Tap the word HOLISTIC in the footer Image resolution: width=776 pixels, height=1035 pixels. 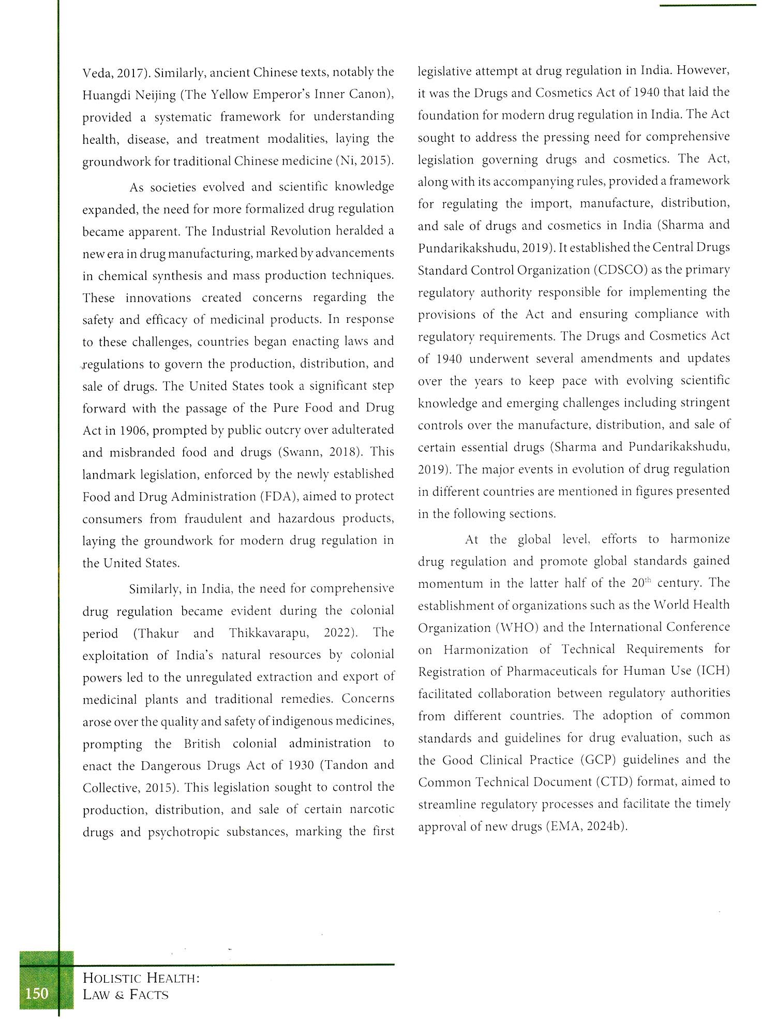click(x=112, y=978)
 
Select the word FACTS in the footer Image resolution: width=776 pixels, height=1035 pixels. click(x=149, y=995)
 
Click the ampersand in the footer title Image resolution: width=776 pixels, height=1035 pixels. click(x=120, y=995)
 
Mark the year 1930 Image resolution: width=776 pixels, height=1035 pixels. click(x=300, y=765)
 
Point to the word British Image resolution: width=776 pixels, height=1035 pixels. click(x=202, y=744)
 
